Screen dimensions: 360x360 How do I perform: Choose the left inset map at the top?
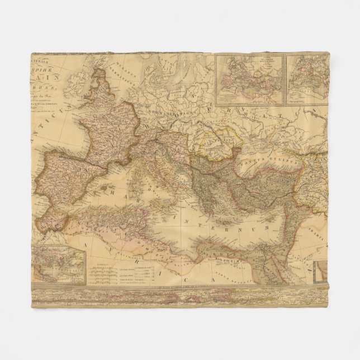click(250, 80)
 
